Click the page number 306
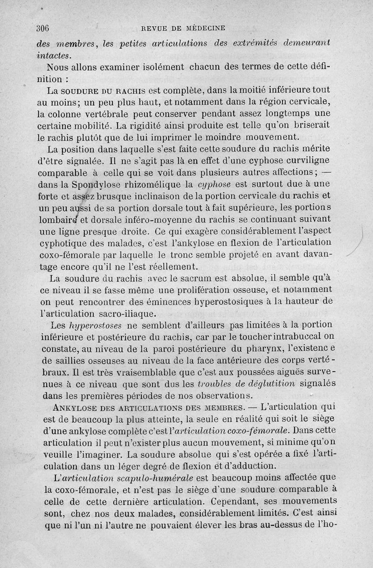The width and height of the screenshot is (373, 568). coord(42,27)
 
